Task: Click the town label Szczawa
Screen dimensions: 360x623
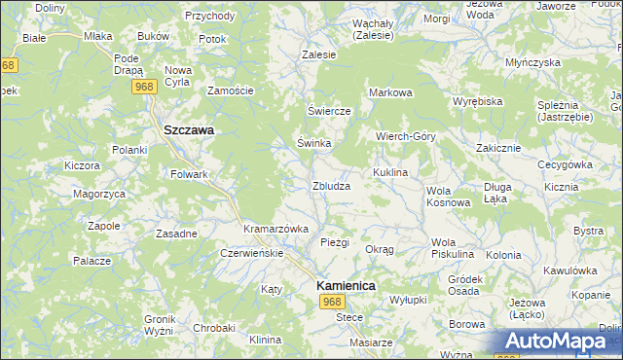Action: point(189,129)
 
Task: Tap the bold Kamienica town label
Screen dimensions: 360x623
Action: point(346,286)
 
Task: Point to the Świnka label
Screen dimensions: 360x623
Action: point(314,143)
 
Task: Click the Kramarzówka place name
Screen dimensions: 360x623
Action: point(275,228)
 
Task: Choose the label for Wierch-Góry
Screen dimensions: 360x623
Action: point(406,136)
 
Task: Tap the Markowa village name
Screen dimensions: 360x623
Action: point(391,92)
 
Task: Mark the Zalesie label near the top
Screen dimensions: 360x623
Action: point(319,55)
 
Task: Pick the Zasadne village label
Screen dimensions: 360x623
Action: point(177,234)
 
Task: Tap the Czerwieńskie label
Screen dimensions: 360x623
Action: point(251,253)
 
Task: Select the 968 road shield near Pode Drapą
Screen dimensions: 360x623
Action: point(145,87)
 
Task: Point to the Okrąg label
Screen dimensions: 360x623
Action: point(380,249)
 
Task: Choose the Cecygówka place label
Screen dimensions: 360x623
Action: point(566,164)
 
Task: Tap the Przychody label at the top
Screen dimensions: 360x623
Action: point(209,17)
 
